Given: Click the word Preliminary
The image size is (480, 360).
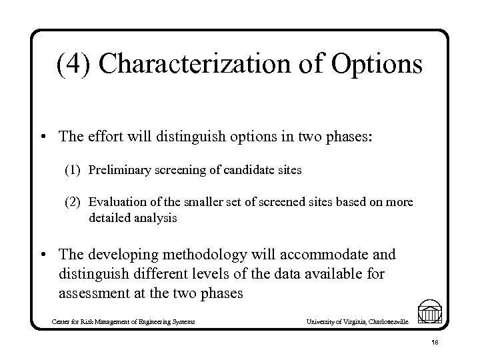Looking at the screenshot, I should (118, 170).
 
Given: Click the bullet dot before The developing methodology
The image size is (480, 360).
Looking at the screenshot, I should (43, 255).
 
